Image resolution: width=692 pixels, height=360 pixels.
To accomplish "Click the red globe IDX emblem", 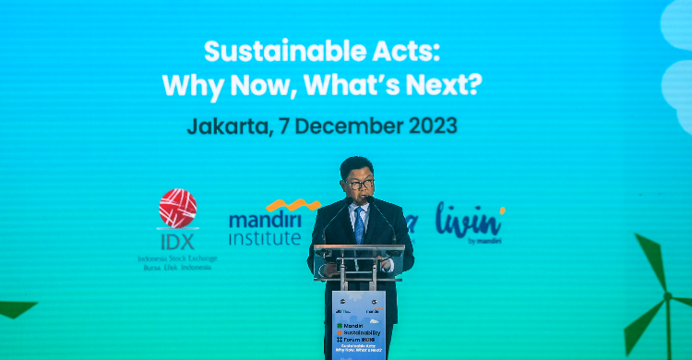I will click(x=177, y=208).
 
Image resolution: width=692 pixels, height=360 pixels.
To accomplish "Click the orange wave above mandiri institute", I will click(x=292, y=205).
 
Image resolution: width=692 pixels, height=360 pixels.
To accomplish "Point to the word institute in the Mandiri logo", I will click(x=267, y=238).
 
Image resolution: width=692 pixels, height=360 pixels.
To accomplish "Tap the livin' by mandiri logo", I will click(x=470, y=222).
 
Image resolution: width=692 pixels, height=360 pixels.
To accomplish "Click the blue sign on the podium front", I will click(x=358, y=324).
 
